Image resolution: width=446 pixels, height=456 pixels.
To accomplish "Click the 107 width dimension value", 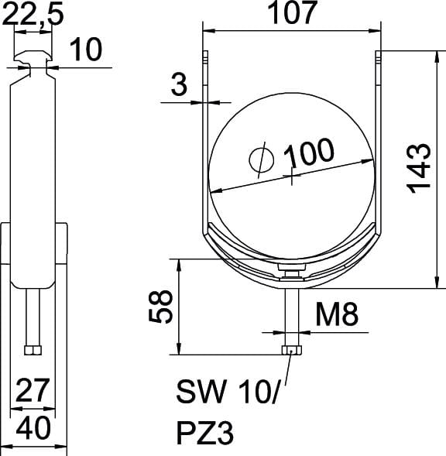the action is tap(293, 12).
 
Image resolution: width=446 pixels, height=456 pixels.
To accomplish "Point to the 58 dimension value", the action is tap(160, 307).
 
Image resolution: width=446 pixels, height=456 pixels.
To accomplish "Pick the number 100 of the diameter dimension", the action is tap(309, 153).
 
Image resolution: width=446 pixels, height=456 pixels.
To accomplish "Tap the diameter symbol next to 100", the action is tap(262, 159).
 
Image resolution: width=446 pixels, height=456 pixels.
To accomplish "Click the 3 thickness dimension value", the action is tap(179, 84).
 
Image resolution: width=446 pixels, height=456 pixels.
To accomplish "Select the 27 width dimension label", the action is tap(32, 390).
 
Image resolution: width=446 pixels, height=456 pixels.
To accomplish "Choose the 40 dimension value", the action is tap(33, 428).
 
